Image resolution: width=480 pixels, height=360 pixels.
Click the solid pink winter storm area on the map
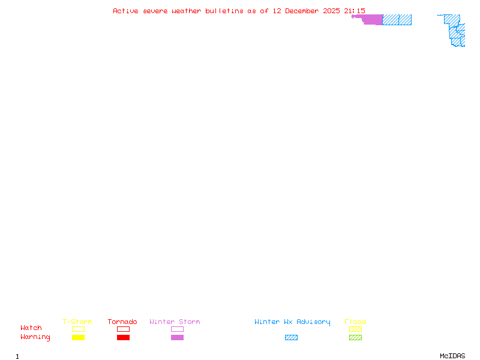coord(372,19)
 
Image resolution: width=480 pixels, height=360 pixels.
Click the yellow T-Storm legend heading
coord(77,322)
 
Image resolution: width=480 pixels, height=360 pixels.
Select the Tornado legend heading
coord(122,322)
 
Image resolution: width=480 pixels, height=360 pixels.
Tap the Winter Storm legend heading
coord(175,322)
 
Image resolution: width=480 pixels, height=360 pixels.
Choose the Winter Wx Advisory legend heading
coord(292,322)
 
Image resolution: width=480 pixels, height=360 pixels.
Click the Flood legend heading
coord(355,322)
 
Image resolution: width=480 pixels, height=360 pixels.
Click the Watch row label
coord(31,328)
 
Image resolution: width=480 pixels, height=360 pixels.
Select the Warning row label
coord(35,337)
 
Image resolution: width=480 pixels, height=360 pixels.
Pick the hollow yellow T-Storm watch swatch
coord(78,329)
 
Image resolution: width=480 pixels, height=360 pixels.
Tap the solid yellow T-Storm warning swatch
coord(78,338)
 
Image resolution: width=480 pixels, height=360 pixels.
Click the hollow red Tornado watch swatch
coord(123,329)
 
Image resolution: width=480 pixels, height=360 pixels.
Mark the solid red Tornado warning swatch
coord(123,338)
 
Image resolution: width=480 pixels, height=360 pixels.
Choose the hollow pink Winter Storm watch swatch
coord(177,329)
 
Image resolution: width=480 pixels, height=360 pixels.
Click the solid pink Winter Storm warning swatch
coord(177,338)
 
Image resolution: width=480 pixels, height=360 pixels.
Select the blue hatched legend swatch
coord(291,338)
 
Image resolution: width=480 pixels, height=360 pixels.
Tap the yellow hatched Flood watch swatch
coord(355,329)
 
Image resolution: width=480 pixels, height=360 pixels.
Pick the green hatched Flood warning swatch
coord(355,338)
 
